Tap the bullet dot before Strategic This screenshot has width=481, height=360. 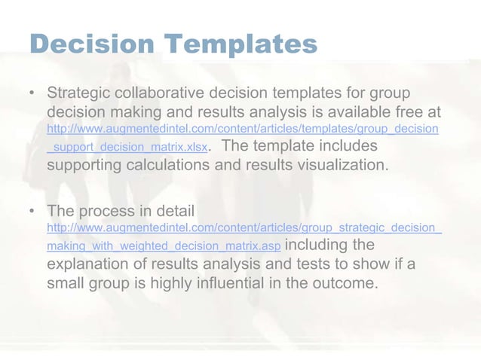32,95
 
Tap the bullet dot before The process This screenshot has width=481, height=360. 32,210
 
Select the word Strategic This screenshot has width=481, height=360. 81,95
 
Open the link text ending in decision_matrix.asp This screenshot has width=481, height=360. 164,246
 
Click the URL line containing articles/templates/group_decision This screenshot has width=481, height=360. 244,130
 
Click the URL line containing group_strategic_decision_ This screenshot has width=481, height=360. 244,227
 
